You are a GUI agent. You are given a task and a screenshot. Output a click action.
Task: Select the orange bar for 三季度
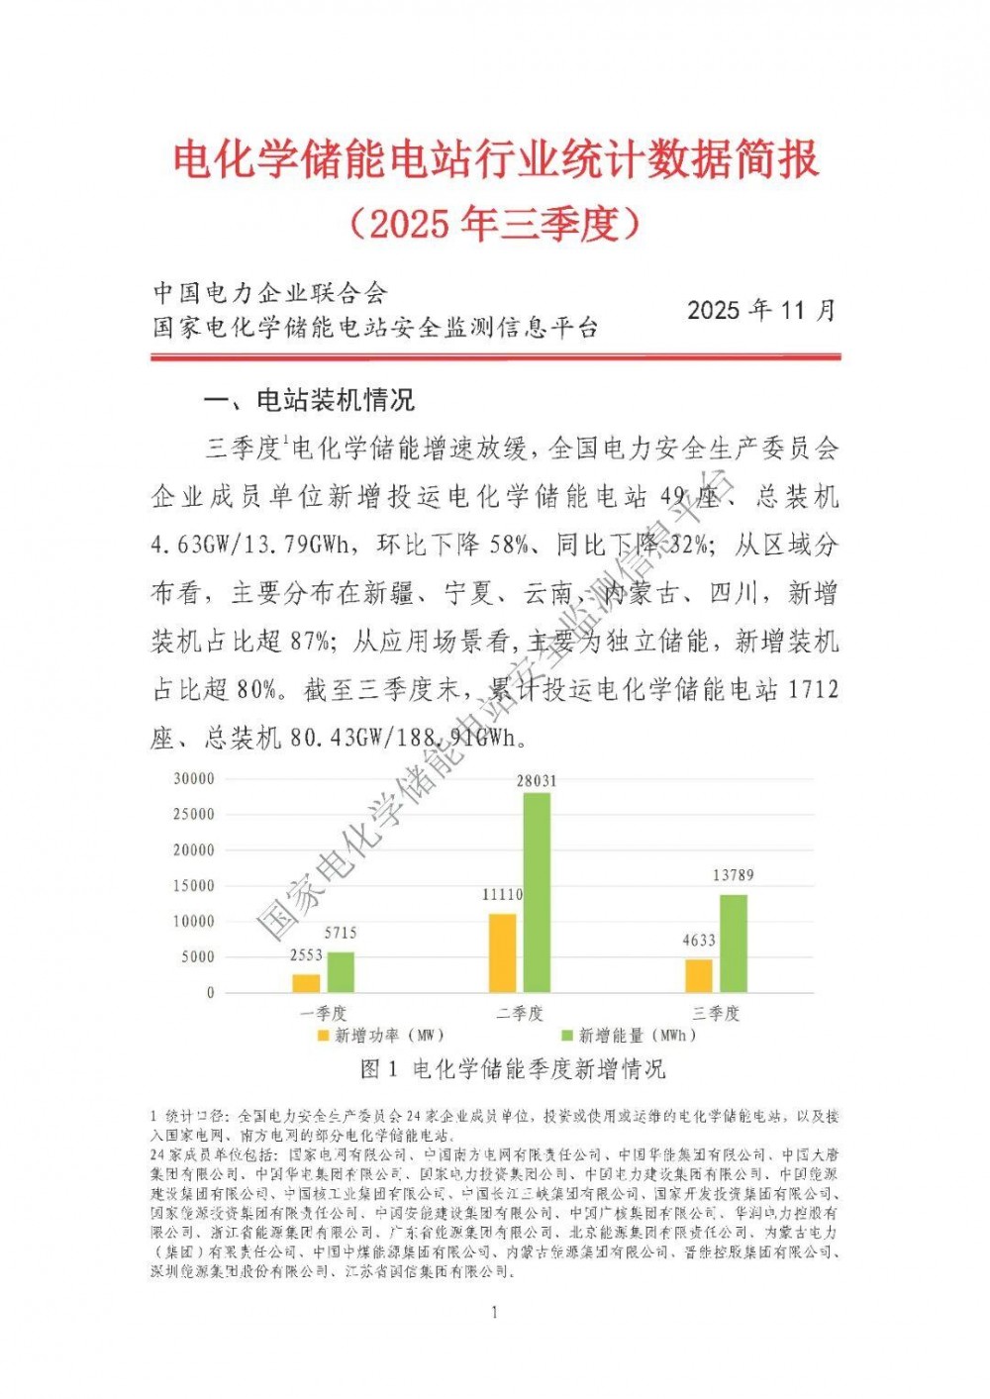point(699,974)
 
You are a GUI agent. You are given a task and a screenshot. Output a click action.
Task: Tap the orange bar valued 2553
point(306,982)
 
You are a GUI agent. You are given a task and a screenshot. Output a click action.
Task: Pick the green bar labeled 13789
point(733,943)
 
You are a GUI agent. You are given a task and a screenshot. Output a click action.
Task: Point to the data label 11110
point(503,894)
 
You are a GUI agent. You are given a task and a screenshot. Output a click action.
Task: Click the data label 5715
point(341,933)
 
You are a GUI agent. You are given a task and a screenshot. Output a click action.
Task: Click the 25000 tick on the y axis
point(194,814)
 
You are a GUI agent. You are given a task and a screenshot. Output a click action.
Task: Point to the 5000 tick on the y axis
point(198,956)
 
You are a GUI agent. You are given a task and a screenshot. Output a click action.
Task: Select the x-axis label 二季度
point(520,1013)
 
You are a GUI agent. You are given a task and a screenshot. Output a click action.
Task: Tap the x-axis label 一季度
point(324,1013)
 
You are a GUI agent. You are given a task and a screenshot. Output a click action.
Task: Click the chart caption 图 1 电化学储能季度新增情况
point(513,1069)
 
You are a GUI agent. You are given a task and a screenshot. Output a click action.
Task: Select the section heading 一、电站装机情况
point(309,401)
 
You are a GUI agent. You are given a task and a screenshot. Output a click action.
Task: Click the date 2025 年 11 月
point(761,310)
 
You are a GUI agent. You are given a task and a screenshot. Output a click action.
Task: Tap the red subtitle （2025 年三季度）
point(495,225)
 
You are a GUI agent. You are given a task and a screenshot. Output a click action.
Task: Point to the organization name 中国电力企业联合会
point(269,293)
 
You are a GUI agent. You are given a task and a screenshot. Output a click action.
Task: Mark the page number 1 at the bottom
point(494,1313)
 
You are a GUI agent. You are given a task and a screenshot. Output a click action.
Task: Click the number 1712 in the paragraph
point(814,689)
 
